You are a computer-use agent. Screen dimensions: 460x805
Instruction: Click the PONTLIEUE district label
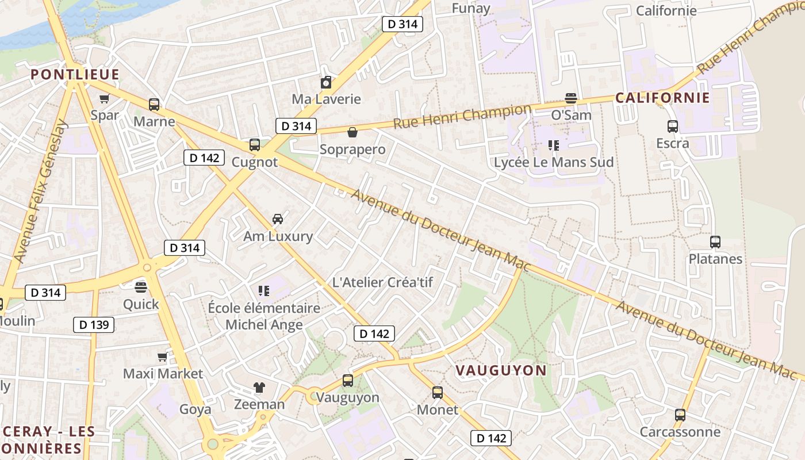pyautogui.click(x=75, y=75)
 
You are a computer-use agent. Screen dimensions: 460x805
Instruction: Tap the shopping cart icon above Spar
pyautogui.click(x=104, y=99)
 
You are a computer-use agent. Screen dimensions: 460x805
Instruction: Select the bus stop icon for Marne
pyautogui.click(x=154, y=105)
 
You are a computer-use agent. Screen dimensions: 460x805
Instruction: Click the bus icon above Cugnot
pyautogui.click(x=255, y=145)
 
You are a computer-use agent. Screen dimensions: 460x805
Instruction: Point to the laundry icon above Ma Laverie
pyautogui.click(x=326, y=82)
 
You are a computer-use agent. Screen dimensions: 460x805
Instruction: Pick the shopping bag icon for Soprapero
pyautogui.click(x=352, y=133)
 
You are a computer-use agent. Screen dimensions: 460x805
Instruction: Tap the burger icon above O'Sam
pyautogui.click(x=571, y=98)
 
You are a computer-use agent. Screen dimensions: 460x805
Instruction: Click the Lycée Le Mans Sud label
pyautogui.click(x=554, y=163)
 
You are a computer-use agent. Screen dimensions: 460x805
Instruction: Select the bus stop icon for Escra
pyautogui.click(x=673, y=126)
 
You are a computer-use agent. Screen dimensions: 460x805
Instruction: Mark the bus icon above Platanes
pyautogui.click(x=715, y=242)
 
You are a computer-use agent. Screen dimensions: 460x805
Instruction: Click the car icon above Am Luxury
pyautogui.click(x=278, y=219)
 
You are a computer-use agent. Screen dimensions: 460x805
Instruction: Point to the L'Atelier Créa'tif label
pyautogui.click(x=382, y=282)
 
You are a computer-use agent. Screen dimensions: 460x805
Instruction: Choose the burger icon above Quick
pyautogui.click(x=141, y=287)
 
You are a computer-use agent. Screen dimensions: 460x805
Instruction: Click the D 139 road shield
pyautogui.click(x=94, y=325)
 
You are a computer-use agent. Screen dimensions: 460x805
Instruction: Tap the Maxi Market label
pyautogui.click(x=163, y=374)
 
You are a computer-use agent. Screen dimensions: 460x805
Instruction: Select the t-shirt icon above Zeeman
pyautogui.click(x=259, y=388)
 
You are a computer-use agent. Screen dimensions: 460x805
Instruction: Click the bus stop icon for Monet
pyautogui.click(x=438, y=393)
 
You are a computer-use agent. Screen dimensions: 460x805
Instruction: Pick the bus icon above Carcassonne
pyautogui.click(x=680, y=415)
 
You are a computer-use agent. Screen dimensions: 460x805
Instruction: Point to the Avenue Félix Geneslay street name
pyautogui.click(x=40, y=191)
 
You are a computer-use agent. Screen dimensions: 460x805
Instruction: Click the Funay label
pyautogui.click(x=471, y=8)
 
